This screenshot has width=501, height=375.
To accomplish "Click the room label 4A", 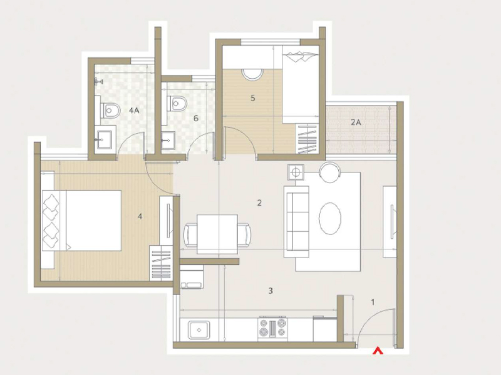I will (133, 110).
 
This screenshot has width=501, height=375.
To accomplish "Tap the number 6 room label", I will (196, 118).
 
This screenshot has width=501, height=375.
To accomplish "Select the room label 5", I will (252, 98).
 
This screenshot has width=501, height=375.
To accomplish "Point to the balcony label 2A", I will (356, 122).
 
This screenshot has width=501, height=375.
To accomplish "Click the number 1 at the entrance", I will (373, 302).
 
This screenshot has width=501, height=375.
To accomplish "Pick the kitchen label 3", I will (271, 291).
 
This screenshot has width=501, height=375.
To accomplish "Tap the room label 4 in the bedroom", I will (140, 216).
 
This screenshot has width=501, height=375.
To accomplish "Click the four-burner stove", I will (272, 329).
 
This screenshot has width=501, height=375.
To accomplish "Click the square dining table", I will (217, 234).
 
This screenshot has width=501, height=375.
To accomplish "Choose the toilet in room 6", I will (177, 102).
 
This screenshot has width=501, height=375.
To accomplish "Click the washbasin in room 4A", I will (104, 139).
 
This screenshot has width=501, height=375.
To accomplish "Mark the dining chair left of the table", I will (191, 234).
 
